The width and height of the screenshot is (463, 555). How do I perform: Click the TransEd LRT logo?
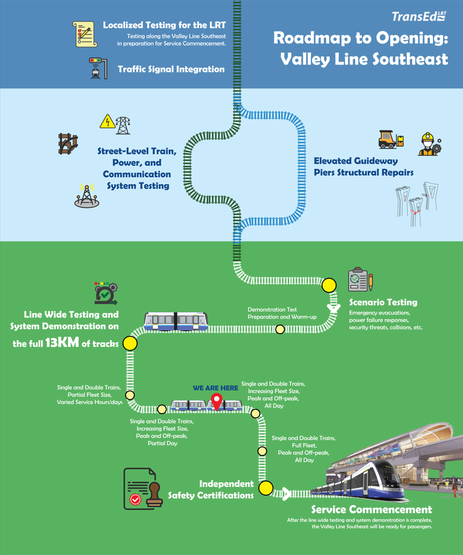(x=419, y=16)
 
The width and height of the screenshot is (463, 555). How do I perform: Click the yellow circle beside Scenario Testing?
(x=329, y=285)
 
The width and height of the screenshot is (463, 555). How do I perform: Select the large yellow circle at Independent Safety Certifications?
(x=266, y=488)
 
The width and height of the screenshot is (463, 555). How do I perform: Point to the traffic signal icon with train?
(x=98, y=68)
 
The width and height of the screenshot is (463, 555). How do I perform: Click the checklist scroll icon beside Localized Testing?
(x=85, y=34)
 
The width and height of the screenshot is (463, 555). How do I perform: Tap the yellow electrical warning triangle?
(x=107, y=121)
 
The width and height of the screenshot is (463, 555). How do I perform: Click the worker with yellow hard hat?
(x=430, y=144)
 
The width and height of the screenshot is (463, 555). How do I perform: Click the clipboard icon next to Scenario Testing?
(x=360, y=280)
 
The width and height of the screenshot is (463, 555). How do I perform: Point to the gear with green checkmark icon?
(x=106, y=293)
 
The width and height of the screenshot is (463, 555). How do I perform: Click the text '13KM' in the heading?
(x=62, y=343)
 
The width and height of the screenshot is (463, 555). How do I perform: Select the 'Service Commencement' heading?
(x=371, y=509)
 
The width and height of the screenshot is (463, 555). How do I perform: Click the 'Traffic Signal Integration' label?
(x=171, y=69)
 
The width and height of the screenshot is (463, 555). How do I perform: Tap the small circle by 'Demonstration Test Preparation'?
(x=280, y=330)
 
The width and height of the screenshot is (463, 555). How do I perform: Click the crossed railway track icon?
(x=68, y=143)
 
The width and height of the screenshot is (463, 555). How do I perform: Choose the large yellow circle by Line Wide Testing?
(x=130, y=343)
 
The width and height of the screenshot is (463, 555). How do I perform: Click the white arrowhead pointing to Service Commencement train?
(x=287, y=493)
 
